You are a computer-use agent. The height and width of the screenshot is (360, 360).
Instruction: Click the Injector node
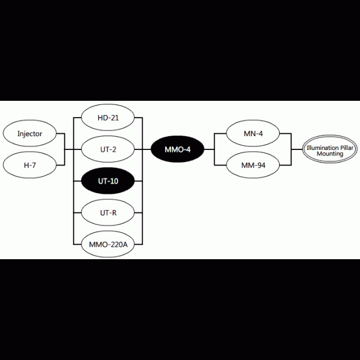coord(29,133)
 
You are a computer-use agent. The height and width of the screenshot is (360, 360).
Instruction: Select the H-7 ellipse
coord(29,165)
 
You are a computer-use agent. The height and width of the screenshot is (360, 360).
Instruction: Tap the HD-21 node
coord(108,118)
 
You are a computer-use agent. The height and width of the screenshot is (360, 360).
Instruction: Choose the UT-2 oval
coord(108,149)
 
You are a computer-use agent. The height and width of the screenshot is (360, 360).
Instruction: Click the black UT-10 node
coord(108,181)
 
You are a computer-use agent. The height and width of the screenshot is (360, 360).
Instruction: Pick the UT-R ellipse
coord(108,212)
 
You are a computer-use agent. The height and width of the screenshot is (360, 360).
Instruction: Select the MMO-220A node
coord(108,244)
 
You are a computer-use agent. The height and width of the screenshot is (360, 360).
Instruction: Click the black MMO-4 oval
coord(178,149)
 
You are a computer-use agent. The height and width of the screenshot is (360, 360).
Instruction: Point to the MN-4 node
coord(253,133)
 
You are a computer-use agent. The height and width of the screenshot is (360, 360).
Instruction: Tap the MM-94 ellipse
coord(253,165)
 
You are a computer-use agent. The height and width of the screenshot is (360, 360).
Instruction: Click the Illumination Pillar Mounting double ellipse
coord(329,149)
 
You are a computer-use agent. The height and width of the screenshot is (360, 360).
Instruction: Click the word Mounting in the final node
coord(330,154)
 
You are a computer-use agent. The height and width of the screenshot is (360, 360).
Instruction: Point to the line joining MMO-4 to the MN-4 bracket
coord(209,149)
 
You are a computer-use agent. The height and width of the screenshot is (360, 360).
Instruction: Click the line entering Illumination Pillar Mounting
coord(297,149)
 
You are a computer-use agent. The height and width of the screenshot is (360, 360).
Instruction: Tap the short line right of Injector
coord(61,133)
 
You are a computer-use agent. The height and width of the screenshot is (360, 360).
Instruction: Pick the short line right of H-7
coord(61,165)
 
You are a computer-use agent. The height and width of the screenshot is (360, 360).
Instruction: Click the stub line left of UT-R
coord(77,212)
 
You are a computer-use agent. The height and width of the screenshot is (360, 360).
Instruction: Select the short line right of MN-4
coord(286,133)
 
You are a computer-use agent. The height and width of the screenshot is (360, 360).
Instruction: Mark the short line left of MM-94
coord(220,165)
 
